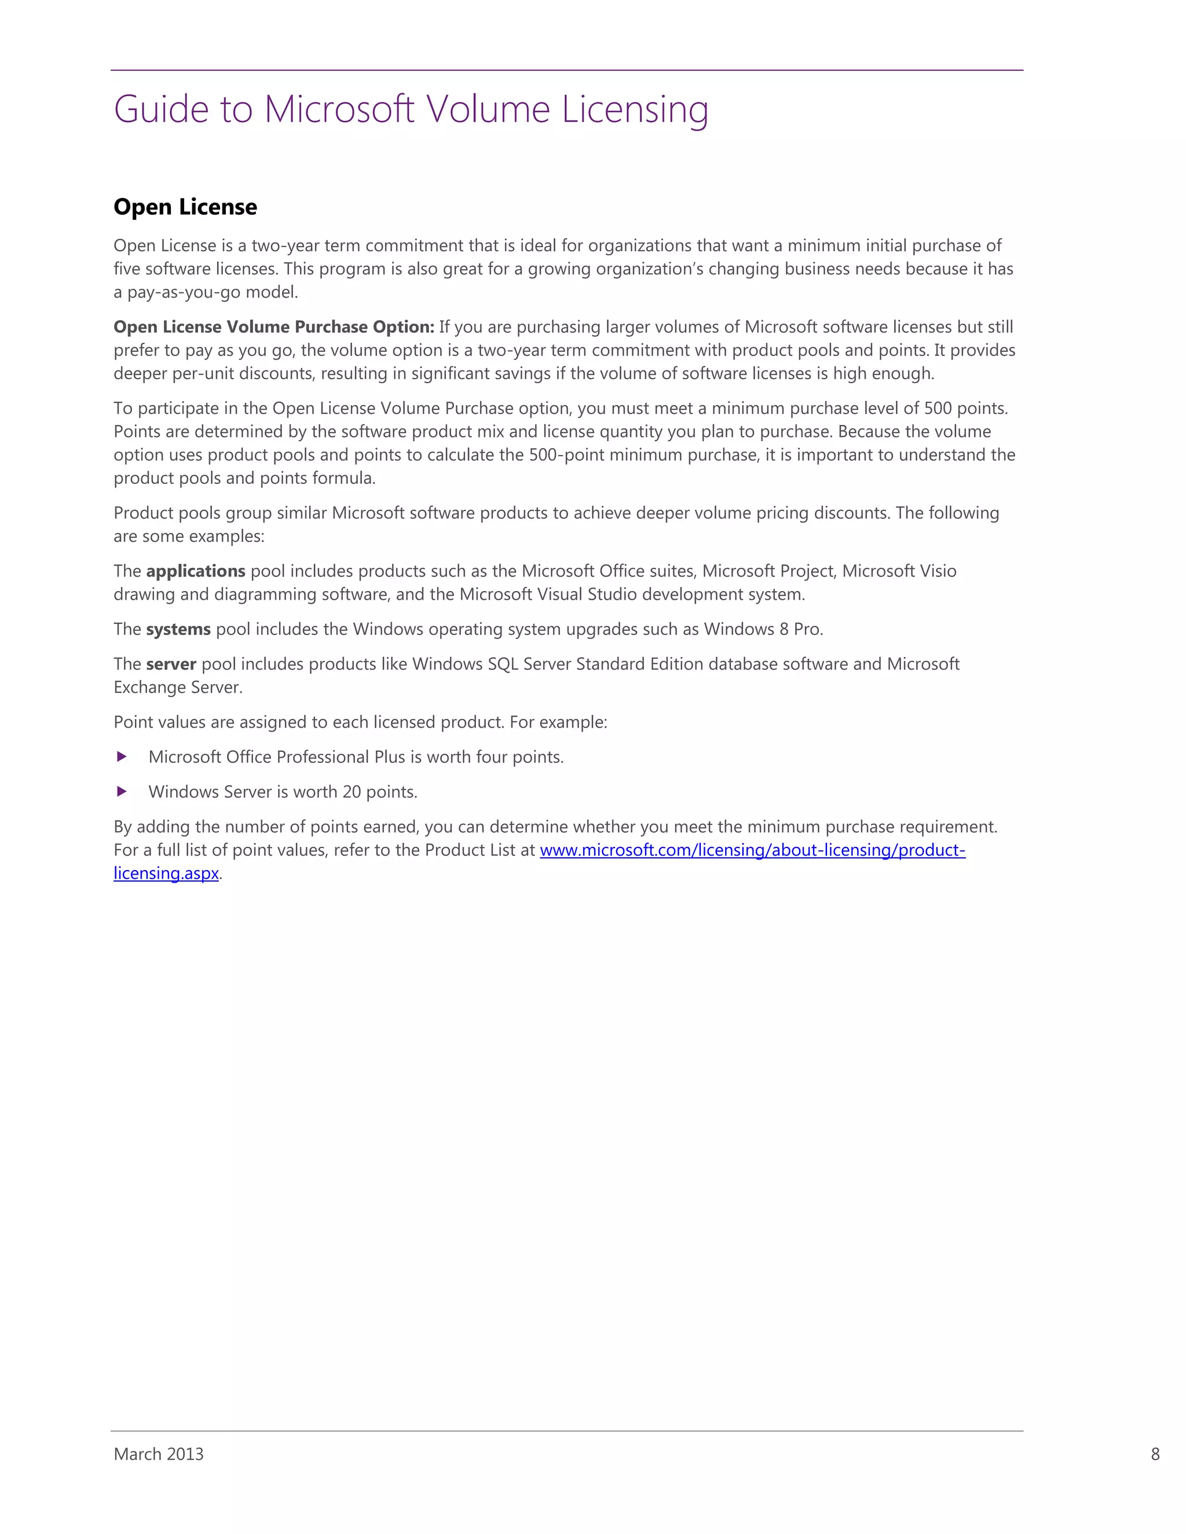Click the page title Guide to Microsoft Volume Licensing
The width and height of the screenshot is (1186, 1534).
411,109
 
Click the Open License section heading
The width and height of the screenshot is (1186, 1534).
185,207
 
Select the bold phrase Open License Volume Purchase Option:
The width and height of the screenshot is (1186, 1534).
274,327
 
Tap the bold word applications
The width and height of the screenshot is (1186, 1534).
195,571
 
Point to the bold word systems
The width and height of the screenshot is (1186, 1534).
178,629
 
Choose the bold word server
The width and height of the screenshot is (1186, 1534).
171,665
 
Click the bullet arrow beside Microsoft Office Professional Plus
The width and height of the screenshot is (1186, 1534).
122,757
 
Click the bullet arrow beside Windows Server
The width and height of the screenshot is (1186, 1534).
122,791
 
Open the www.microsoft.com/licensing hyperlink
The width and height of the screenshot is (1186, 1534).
752,850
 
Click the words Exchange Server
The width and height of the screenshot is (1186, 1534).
177,688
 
